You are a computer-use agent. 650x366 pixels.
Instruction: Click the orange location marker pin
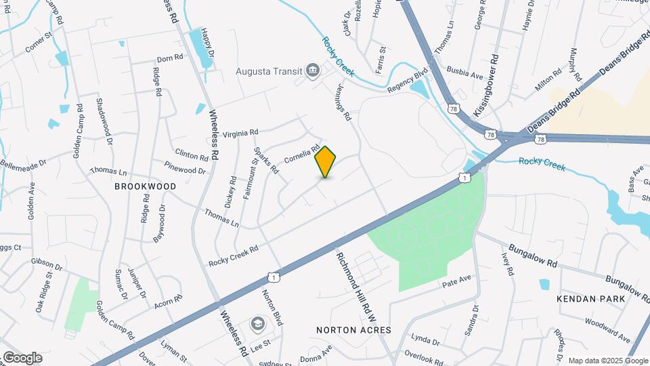(x=326, y=161)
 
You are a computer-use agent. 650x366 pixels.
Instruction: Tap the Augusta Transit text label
(x=268, y=70)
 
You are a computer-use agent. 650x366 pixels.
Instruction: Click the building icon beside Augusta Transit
(x=313, y=70)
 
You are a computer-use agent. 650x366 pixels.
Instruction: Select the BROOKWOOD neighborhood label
(x=145, y=186)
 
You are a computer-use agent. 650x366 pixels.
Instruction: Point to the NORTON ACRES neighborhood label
(x=353, y=329)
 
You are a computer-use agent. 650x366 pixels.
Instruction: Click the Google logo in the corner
(x=22, y=358)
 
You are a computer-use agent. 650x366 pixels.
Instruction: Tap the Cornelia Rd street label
(x=301, y=154)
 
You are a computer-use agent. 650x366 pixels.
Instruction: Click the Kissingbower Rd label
(x=486, y=85)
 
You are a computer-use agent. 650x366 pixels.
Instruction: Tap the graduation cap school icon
(x=258, y=324)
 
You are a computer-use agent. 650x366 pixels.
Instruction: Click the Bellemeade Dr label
(x=22, y=163)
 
